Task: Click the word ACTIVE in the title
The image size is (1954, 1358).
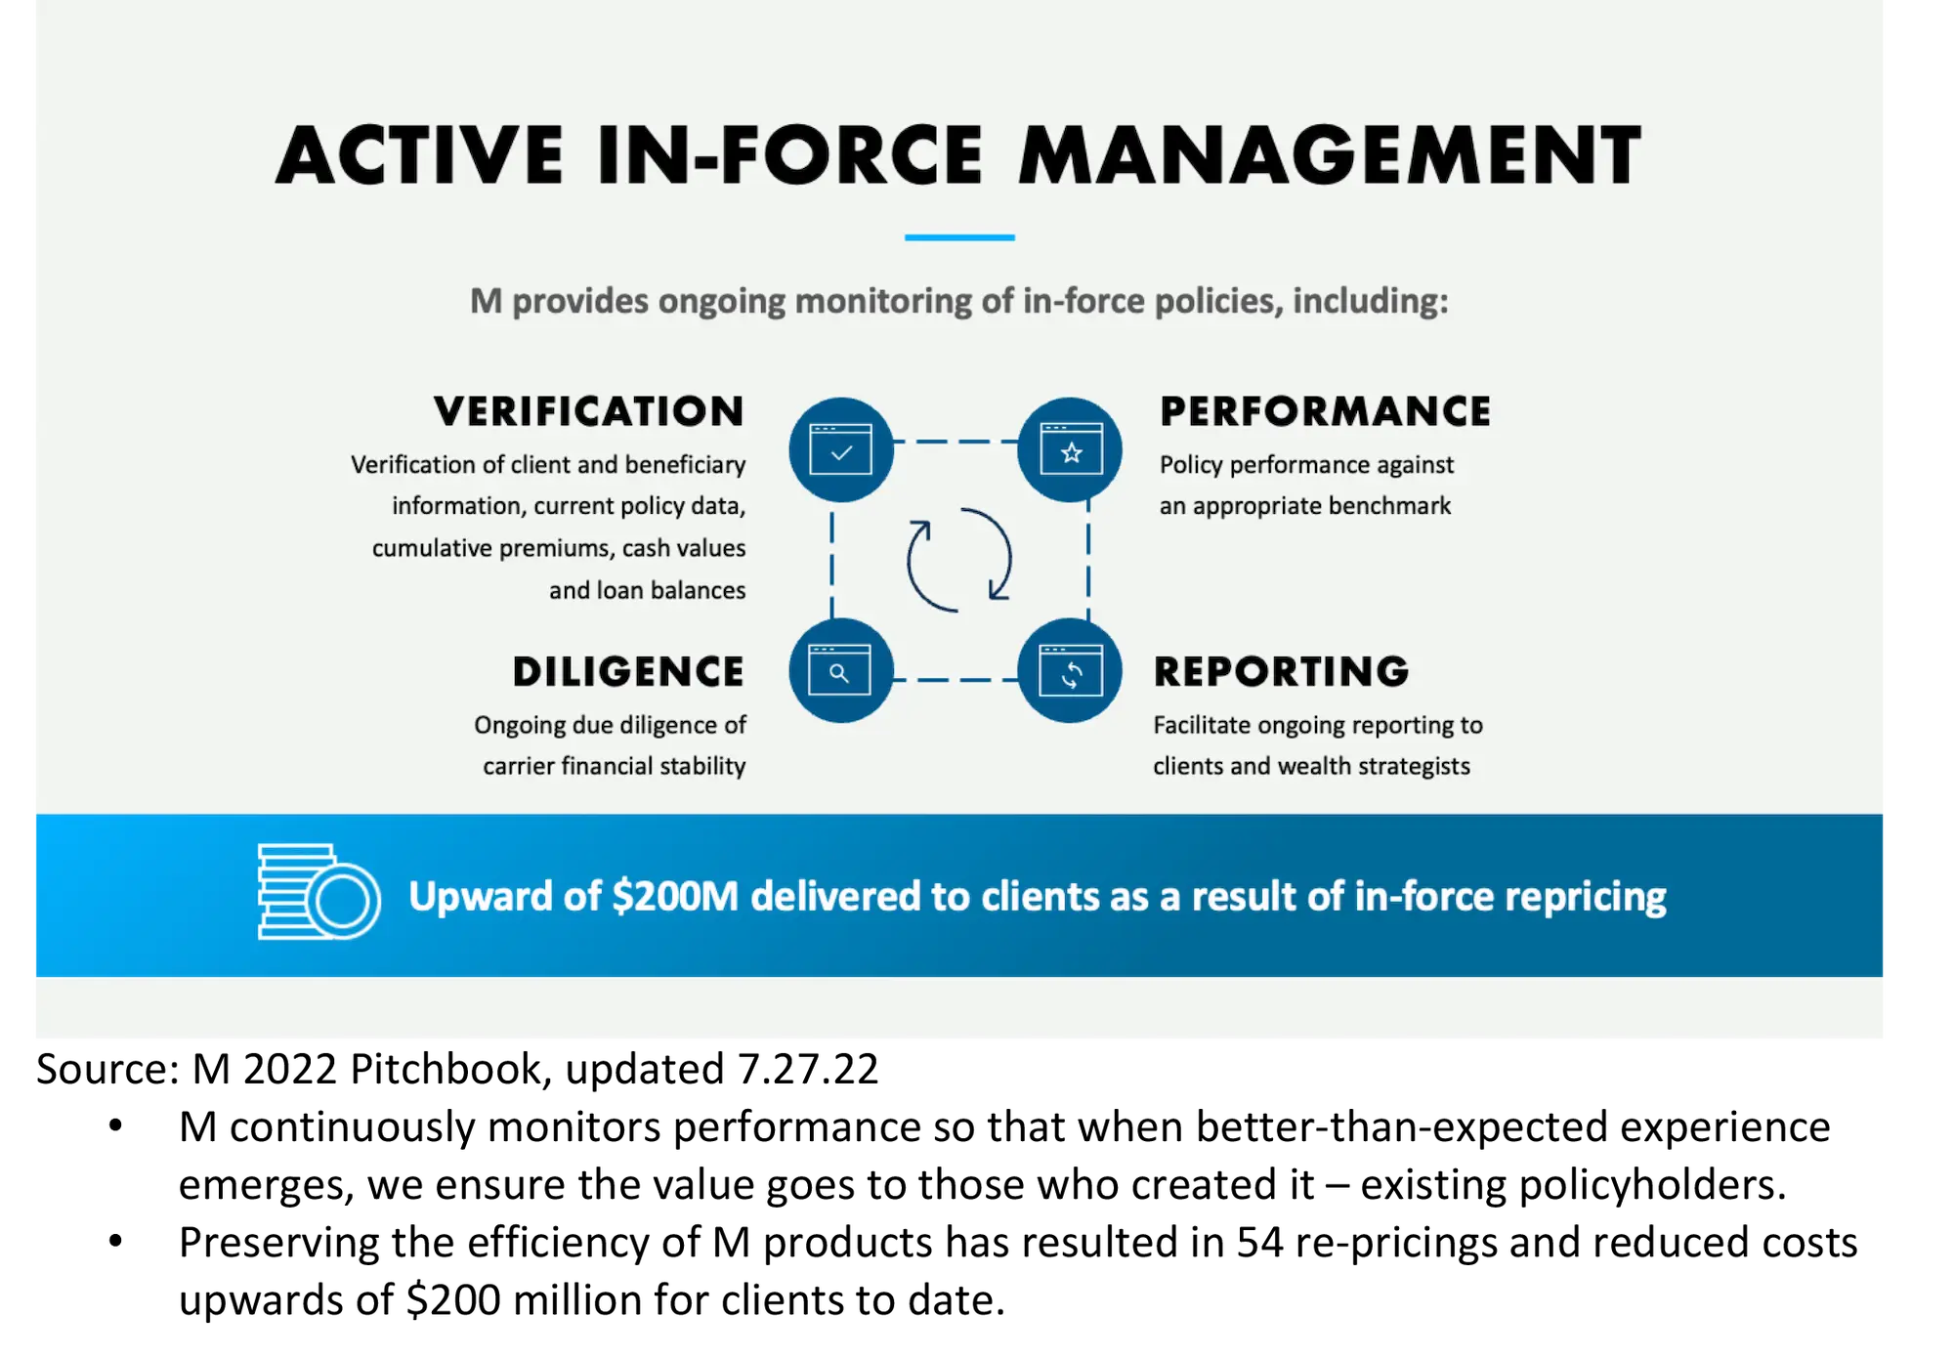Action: pos(420,156)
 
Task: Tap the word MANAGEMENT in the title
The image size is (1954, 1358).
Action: pos(1329,156)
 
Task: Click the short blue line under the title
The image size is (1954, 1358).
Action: pos(959,237)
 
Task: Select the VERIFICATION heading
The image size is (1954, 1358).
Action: pos(589,411)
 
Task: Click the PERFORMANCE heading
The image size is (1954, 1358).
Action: pos(1325,411)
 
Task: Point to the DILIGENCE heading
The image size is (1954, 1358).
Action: pos(628,672)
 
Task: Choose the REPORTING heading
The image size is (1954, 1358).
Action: pos(1281,672)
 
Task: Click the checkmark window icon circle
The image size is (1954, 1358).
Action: pos(840,450)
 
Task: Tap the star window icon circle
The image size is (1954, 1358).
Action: pos(1071,450)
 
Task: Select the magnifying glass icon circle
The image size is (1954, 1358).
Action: pos(840,671)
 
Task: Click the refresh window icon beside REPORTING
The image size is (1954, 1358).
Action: pos(1071,671)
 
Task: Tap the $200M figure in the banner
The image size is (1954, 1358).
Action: pos(674,896)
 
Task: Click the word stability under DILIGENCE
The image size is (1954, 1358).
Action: pos(701,766)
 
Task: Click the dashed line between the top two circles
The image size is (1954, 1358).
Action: pos(956,442)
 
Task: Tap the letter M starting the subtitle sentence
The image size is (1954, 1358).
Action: pos(486,301)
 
